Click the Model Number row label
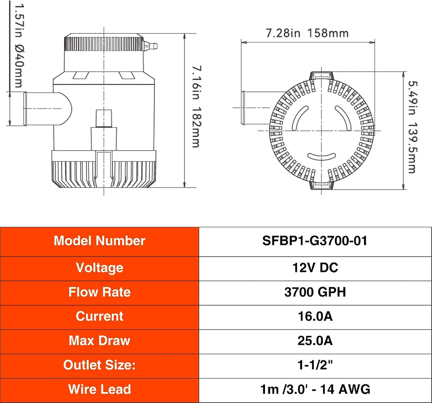tap(99, 241)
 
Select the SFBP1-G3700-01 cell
tap(315, 241)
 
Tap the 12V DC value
tap(315, 268)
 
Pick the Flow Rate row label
tap(100, 292)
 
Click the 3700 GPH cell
tap(315, 292)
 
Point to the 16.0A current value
tap(315, 316)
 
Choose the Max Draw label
tap(100, 341)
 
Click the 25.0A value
tap(315, 341)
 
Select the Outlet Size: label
tap(100, 365)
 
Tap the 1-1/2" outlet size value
tap(315, 365)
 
